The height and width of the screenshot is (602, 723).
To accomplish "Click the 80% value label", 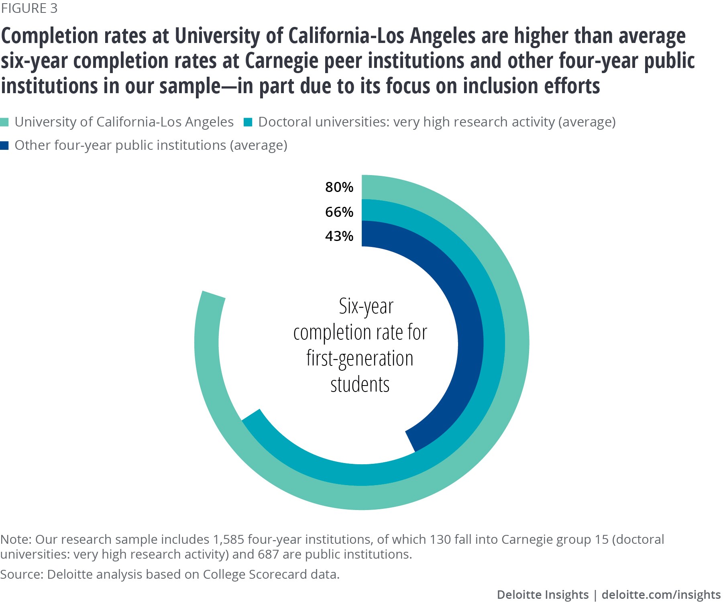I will coord(339,187).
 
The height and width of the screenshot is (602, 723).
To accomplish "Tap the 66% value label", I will coord(339,212).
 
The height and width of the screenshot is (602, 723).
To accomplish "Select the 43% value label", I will coord(339,236).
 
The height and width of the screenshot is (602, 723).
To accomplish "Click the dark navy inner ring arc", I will coord(470,341).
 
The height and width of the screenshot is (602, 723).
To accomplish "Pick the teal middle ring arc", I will coord(494,341).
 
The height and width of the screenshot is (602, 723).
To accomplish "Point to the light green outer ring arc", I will coord(517,341).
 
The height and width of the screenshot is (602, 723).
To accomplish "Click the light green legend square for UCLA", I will coord(4,122).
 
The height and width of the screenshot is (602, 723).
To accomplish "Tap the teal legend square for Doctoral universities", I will coord(248,122).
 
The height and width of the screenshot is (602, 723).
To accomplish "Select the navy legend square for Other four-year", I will coord(4,145).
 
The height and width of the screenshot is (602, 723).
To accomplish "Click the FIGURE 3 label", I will coord(29,8).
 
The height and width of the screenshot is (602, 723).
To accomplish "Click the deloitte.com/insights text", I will coord(661,595).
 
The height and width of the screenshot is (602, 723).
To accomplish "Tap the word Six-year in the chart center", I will coord(366,307).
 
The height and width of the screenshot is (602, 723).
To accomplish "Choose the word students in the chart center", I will coord(360,385).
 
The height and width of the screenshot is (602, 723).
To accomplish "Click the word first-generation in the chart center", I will coord(360,359).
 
